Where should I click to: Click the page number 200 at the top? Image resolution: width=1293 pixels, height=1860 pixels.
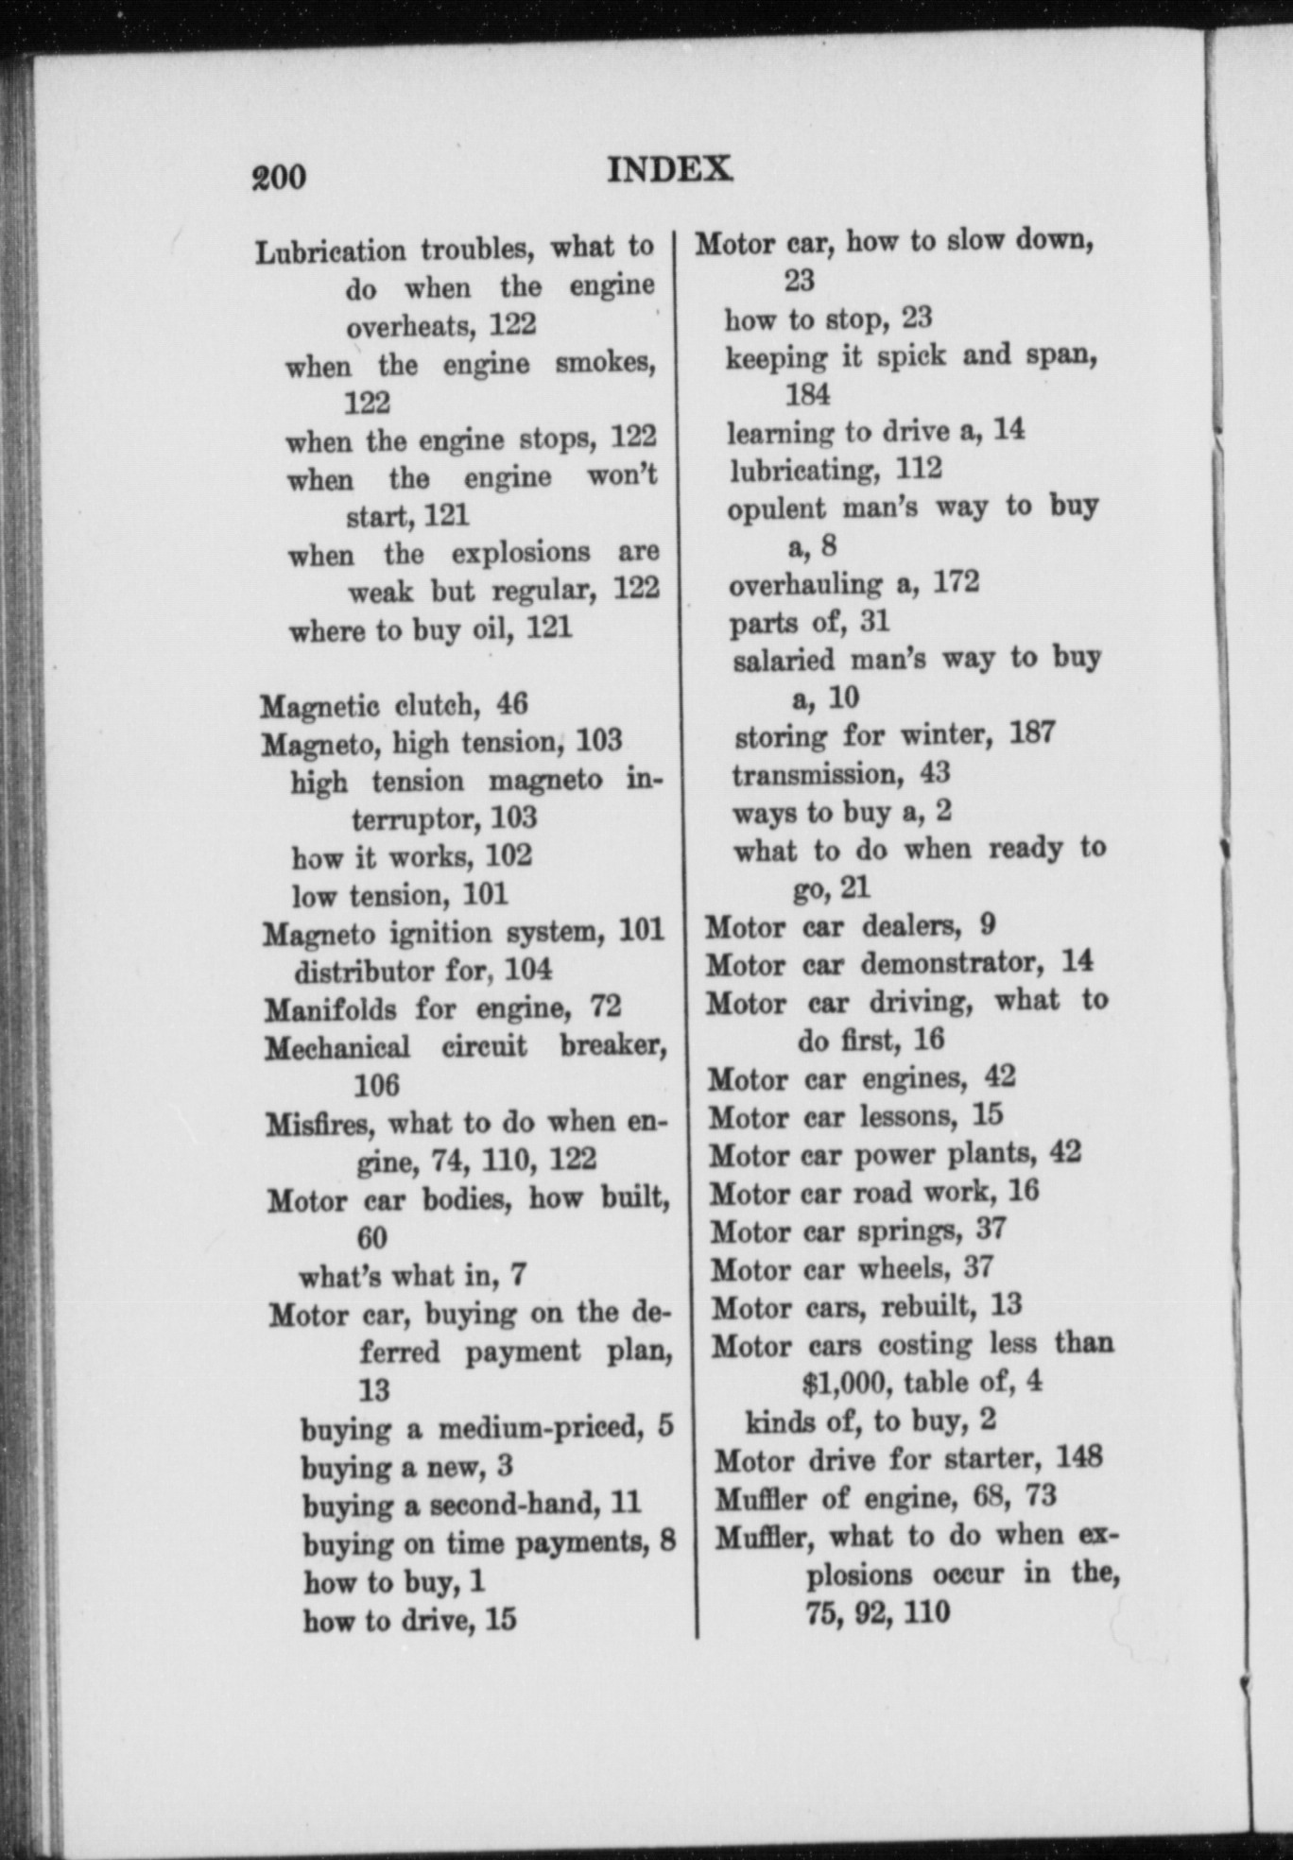pyautogui.click(x=279, y=177)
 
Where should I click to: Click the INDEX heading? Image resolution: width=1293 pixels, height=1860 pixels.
pyautogui.click(x=669, y=170)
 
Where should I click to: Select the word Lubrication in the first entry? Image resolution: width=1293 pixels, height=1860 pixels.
pyautogui.click(x=331, y=251)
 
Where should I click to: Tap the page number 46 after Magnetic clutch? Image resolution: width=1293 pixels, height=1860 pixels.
pyautogui.click(x=511, y=704)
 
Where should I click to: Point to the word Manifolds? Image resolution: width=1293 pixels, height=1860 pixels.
pyautogui.click(x=330, y=1009)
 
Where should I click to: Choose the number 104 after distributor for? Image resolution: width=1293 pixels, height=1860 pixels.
pyautogui.click(x=527, y=971)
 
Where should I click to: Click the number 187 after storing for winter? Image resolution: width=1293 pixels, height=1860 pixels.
pyautogui.click(x=1031, y=733)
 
